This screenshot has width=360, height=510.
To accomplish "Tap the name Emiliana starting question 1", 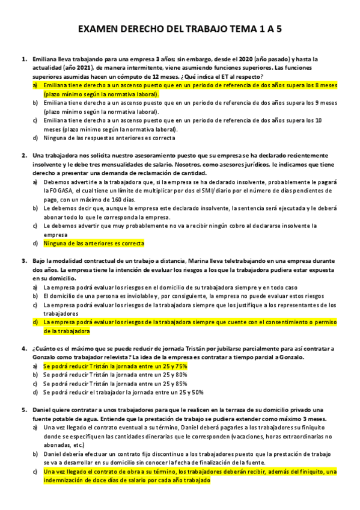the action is [45, 60].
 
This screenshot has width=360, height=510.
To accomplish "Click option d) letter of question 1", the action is [35, 138].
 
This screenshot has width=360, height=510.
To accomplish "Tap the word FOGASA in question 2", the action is [55, 190].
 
